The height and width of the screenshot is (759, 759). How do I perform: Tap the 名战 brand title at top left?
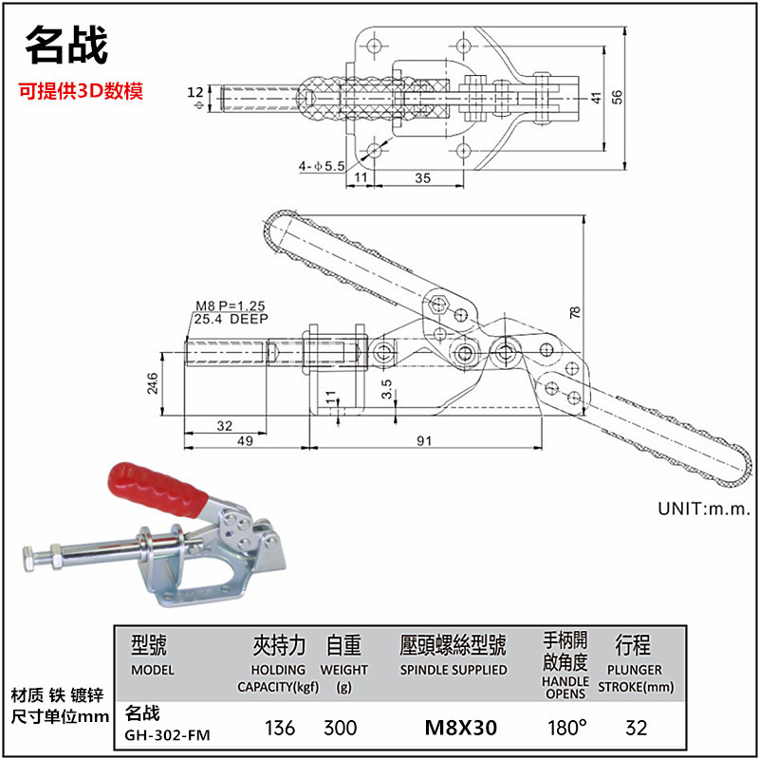pyautogui.click(x=65, y=43)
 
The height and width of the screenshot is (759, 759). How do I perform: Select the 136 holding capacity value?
pyautogui.click(x=280, y=728)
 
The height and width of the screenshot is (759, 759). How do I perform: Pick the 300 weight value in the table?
pyautogui.click(x=340, y=728)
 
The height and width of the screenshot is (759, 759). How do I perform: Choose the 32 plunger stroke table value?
pyautogui.click(x=637, y=728)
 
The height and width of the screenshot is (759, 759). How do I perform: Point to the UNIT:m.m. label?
pyautogui.click(x=704, y=509)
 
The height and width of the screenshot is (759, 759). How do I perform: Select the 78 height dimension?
pyautogui.click(x=575, y=312)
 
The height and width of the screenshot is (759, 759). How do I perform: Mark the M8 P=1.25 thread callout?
pyautogui.click(x=230, y=305)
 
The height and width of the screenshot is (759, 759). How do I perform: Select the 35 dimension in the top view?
pyautogui.click(x=422, y=177)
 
